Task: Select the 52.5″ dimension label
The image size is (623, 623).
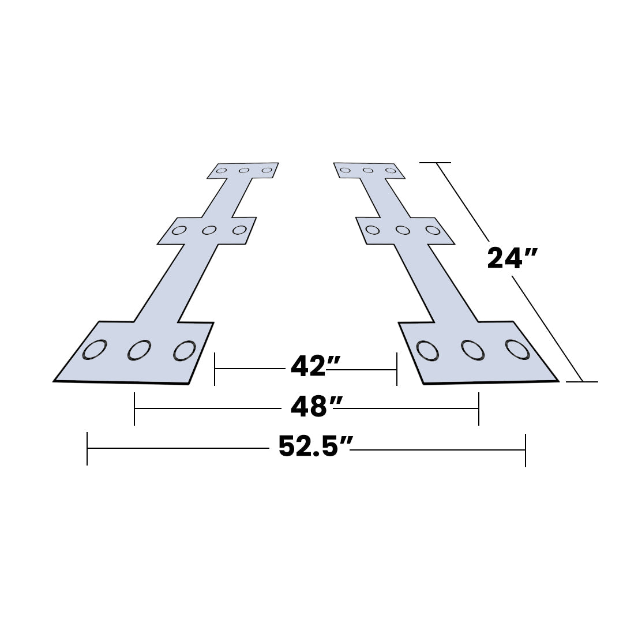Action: point(315,447)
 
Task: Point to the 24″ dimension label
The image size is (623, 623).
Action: point(513,257)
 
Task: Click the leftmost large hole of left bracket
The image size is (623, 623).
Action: point(94,350)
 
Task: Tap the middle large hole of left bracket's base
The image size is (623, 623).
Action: point(139,350)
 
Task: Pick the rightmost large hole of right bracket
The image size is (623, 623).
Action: point(517,348)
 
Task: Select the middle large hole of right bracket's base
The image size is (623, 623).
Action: point(472,350)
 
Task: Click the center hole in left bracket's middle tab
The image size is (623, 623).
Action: point(209,230)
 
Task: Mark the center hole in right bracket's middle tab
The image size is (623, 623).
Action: point(403,230)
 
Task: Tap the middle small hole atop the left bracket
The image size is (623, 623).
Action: point(244,170)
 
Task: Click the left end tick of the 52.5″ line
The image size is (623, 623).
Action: point(87,448)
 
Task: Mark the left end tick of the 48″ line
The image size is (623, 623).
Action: point(134,408)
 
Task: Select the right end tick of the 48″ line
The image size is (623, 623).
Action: point(478,408)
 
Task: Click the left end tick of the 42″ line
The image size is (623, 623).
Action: point(215,369)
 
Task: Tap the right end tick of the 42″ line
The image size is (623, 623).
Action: point(397,369)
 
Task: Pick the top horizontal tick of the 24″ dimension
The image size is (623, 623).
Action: point(435,163)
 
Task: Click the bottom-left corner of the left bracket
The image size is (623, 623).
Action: point(54,381)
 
